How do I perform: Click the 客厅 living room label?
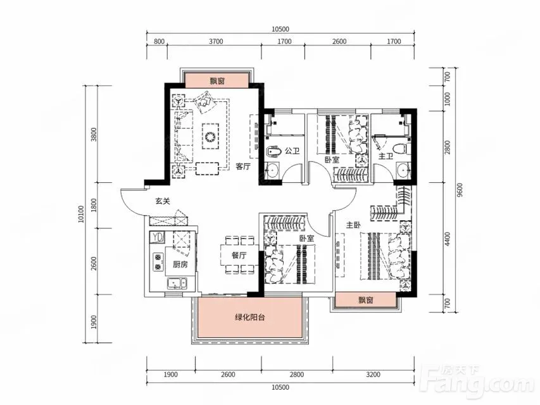243,166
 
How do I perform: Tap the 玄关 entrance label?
162,201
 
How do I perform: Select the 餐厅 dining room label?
239,255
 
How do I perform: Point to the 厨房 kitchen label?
180,265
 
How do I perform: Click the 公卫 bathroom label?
292,151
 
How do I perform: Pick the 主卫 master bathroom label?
386,156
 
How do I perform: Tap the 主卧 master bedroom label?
353,225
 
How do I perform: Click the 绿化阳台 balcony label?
250,318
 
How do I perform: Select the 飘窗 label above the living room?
217,81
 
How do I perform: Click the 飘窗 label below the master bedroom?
366,300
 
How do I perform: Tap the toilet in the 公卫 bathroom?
275,151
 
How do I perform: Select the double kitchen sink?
177,283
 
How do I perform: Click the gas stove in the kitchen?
158,262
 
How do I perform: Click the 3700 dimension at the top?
216,41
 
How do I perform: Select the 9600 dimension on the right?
461,190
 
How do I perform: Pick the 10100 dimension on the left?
81,214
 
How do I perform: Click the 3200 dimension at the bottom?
373,375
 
